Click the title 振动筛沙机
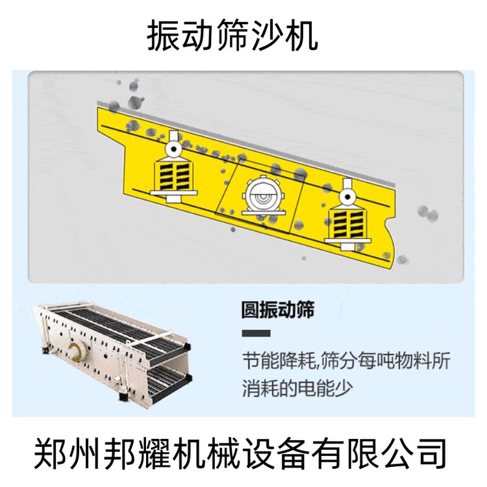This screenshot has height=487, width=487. tap(232, 36)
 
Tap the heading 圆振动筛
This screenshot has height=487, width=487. tap(278, 309)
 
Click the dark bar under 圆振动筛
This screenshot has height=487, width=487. tap(256, 333)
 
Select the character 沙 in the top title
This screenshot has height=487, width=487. tap(266, 36)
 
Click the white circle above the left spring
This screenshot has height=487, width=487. tap(173, 149)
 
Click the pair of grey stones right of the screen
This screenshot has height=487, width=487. tap(428, 214)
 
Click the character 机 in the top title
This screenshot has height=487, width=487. tap(301, 36)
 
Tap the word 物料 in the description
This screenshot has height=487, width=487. tap(410, 361)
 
